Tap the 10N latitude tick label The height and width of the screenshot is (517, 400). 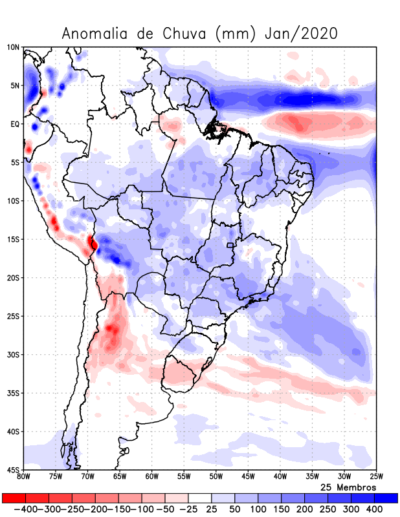[13, 47]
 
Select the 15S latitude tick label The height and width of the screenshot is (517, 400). [13, 239]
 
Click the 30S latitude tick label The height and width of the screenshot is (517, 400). [13, 354]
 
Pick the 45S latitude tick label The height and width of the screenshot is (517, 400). [13, 469]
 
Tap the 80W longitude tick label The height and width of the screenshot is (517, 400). [24, 477]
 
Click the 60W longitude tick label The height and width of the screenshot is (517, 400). [151, 477]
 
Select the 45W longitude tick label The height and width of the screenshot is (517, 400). [248, 477]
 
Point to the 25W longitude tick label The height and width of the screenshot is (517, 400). [376, 477]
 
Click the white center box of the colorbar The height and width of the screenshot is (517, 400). [200, 498]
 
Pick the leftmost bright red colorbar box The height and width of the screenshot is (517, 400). [14, 498]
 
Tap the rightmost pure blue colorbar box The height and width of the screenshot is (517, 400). [386, 498]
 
